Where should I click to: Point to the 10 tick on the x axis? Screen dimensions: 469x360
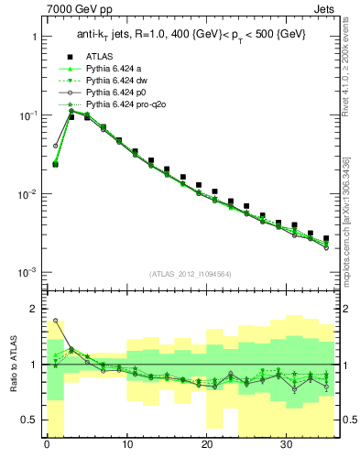(x=127, y=448)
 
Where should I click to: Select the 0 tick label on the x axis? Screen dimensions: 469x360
(x=47, y=448)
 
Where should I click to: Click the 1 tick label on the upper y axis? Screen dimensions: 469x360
(x=34, y=37)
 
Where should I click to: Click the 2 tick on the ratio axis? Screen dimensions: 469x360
(x=34, y=309)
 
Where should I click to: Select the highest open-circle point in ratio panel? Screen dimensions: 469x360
(x=55, y=321)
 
